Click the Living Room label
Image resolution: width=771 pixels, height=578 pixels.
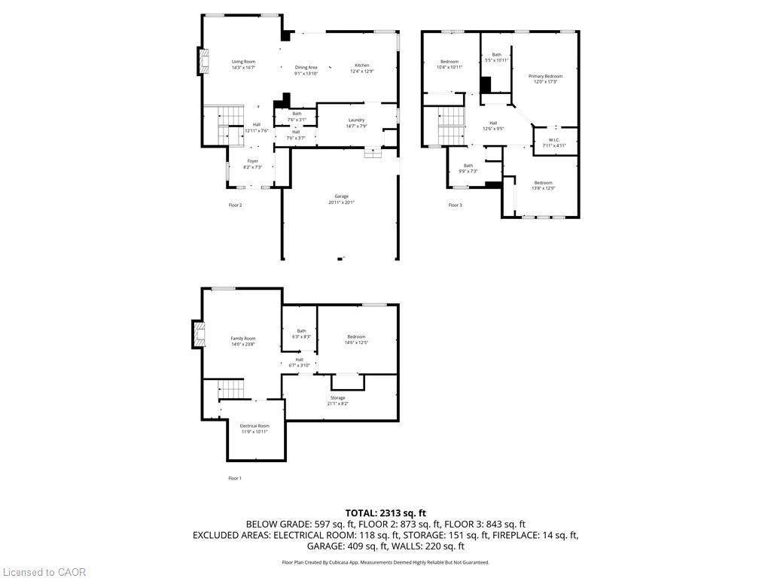243,62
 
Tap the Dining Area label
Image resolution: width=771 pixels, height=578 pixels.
306,68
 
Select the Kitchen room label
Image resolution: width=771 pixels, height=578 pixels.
361,65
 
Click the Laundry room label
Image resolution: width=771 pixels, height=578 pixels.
356,120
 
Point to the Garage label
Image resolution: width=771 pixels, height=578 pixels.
341,196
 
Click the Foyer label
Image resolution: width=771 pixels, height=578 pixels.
253,161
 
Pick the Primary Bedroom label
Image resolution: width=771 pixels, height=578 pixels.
545,76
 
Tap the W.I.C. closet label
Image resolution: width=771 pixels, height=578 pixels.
553,140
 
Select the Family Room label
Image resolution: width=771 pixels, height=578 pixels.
243,339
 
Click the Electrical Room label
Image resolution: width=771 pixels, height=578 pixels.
254,426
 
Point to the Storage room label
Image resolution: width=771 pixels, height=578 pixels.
337,398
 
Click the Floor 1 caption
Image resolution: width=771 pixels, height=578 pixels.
235,478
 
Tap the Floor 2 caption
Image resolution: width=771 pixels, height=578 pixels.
235,205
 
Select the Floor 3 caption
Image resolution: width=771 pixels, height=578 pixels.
456,205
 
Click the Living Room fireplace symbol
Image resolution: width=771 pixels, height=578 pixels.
201,61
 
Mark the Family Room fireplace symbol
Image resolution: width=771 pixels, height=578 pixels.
199,334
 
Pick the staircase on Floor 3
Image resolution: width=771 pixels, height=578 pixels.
451,123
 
